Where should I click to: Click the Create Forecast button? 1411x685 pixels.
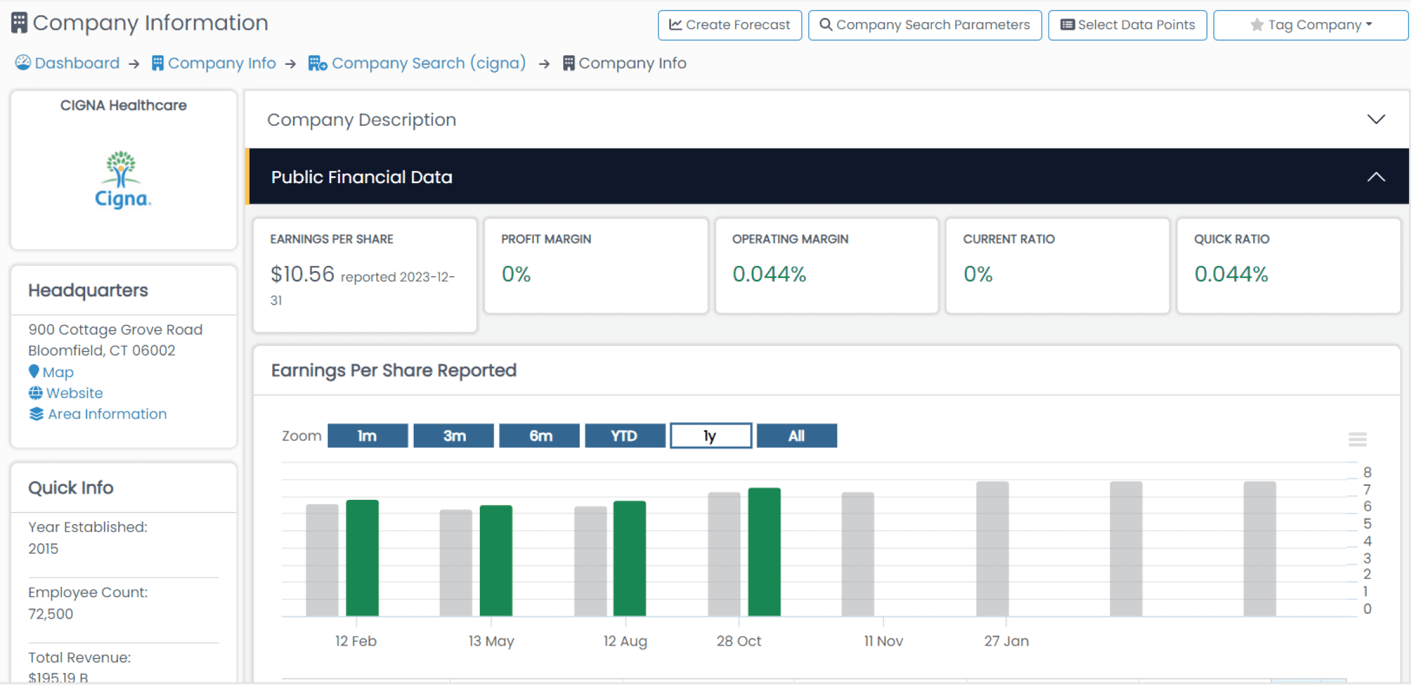(730, 25)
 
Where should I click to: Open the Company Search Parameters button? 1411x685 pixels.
(925, 25)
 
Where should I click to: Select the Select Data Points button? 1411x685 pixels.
(1128, 25)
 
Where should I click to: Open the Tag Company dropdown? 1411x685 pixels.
(1311, 25)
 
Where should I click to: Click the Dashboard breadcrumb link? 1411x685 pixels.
(67, 63)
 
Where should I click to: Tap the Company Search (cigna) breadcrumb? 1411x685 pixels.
(417, 63)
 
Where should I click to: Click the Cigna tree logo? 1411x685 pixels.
(121, 169)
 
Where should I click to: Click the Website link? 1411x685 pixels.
(65, 393)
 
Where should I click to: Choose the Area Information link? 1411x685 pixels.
(98, 414)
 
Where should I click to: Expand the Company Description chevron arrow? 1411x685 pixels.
(1376, 120)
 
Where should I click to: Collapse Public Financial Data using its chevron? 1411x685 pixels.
(1376, 177)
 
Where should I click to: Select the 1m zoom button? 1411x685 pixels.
(367, 436)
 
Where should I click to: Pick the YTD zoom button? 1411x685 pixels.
(625, 436)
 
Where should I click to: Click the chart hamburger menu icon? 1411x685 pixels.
(1358, 439)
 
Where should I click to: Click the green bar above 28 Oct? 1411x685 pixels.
(764, 551)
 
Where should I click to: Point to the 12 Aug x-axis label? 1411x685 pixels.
(625, 641)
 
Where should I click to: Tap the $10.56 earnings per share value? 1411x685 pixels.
(303, 274)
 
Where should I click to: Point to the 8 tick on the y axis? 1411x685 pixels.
(1367, 472)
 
